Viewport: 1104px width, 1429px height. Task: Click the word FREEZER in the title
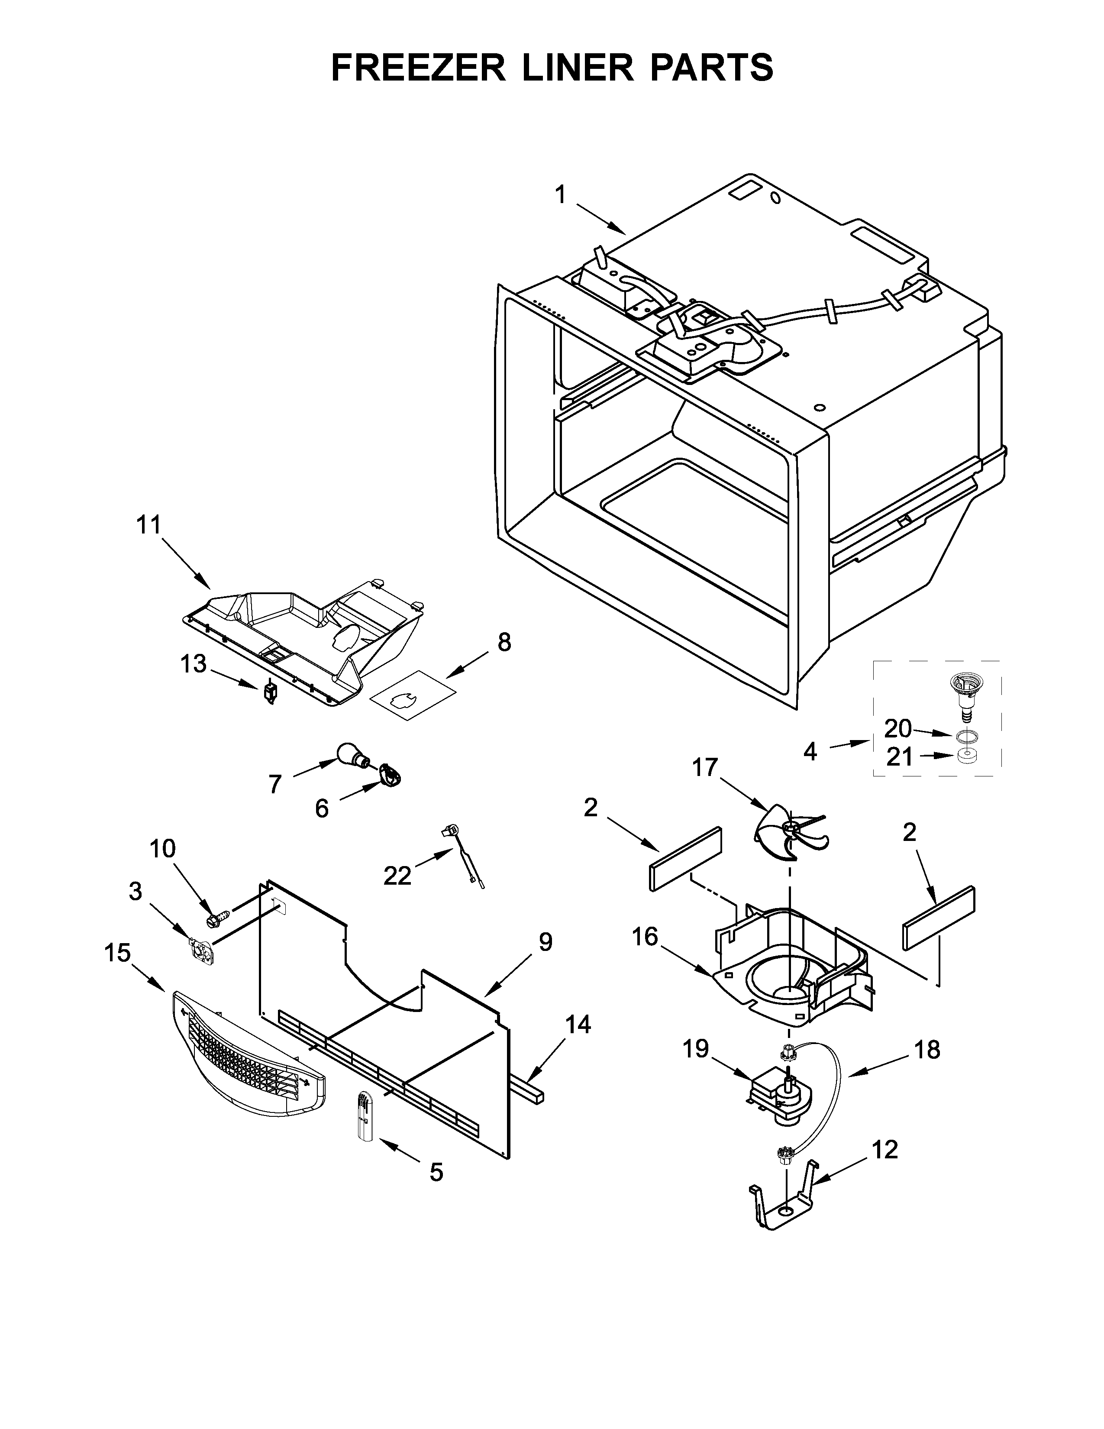[x=419, y=68]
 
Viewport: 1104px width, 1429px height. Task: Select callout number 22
[x=397, y=875]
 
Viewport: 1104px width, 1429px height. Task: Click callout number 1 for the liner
[x=560, y=195]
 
